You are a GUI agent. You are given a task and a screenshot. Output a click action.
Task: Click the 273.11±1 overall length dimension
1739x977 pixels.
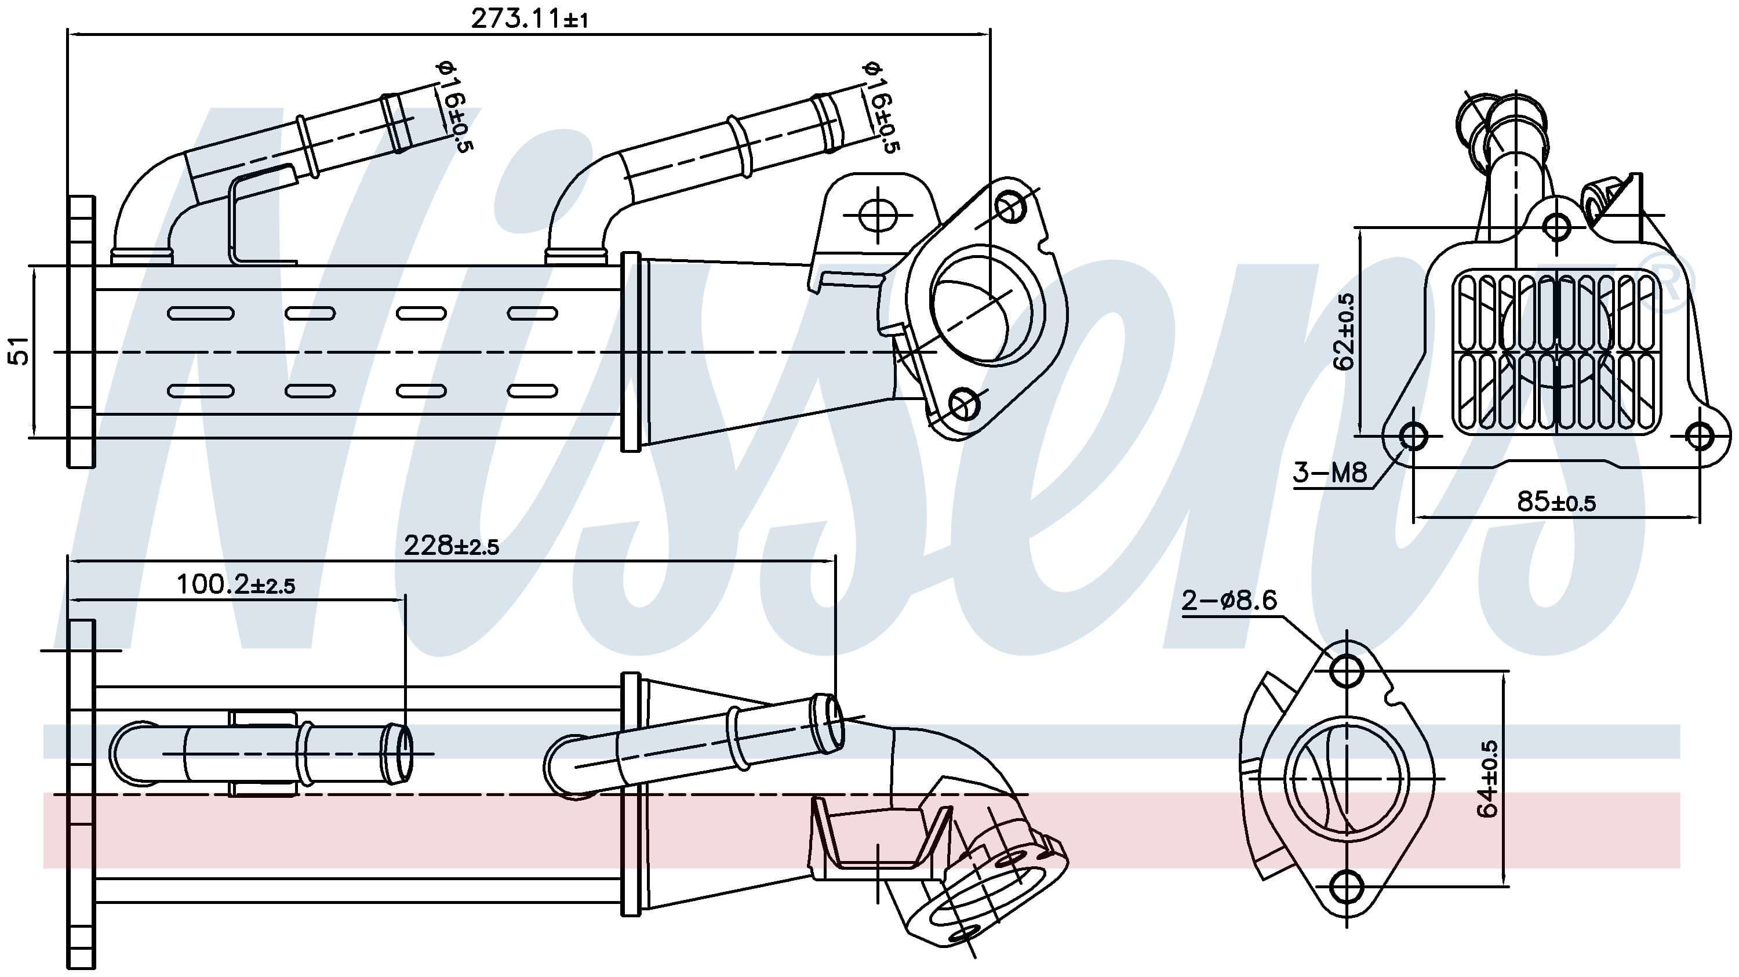[529, 19]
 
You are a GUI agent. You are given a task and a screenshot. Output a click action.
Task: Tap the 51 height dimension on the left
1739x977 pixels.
[20, 351]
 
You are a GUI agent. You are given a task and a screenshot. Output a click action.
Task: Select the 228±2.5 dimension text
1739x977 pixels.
[451, 546]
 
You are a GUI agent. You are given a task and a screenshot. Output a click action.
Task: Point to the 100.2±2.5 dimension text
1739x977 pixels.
[235, 584]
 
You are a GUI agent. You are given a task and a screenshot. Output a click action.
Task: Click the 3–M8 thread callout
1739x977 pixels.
[1329, 473]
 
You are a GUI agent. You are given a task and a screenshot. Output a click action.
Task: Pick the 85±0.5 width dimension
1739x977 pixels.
[1556, 502]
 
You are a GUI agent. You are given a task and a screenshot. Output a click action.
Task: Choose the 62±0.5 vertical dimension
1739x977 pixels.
[1344, 332]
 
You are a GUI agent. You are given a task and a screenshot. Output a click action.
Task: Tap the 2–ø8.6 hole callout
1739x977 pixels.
[1229, 600]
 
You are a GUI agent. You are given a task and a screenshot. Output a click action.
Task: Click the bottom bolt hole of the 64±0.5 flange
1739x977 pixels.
[1346, 887]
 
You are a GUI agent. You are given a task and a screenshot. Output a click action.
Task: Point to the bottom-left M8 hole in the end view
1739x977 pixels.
[1413, 436]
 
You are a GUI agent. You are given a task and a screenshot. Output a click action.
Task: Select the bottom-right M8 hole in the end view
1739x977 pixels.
[1699, 436]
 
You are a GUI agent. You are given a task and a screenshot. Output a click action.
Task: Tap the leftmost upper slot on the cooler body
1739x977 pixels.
[201, 313]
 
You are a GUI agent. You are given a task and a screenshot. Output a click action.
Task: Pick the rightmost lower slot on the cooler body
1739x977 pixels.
[532, 391]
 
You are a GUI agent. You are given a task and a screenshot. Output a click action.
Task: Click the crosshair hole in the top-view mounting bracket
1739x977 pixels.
[878, 215]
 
